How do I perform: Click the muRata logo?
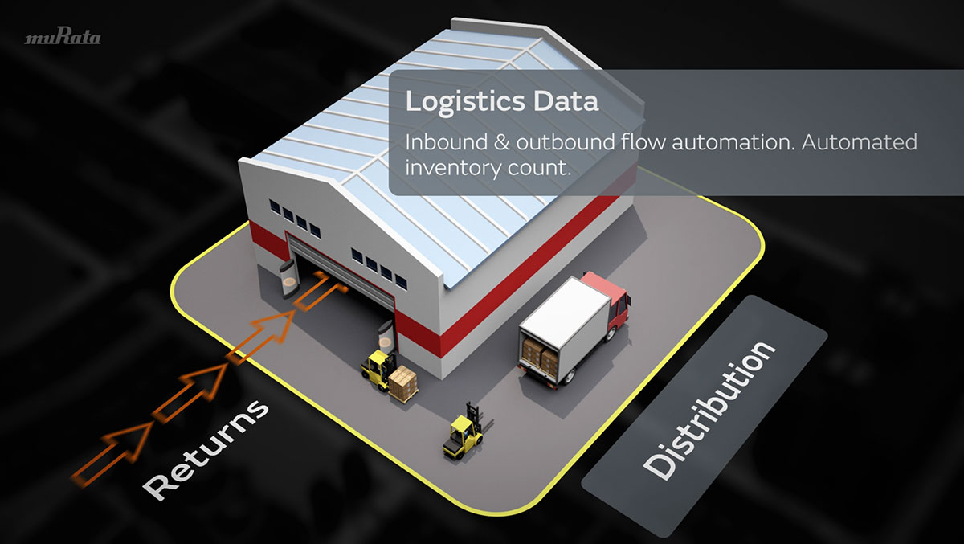[x=63, y=37]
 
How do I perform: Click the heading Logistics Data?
[x=501, y=103]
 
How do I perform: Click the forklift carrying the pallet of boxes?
[x=378, y=369]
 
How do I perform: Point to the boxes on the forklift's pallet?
[x=404, y=382]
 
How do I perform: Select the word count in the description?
[x=547, y=168]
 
